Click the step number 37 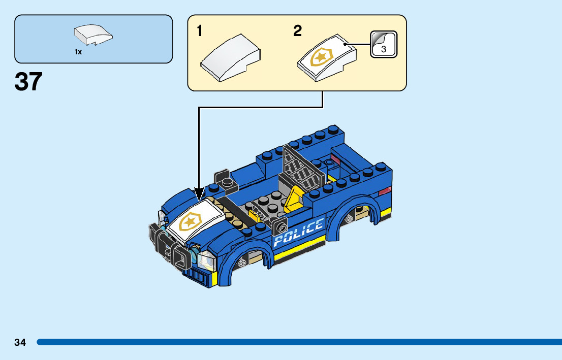pyautogui.click(x=28, y=81)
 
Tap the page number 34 pyautogui.click(x=20, y=342)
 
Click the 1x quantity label pyautogui.click(x=78, y=52)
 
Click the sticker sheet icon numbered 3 pyautogui.click(x=384, y=44)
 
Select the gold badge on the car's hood pyautogui.click(x=191, y=221)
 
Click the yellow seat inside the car pyautogui.click(x=294, y=201)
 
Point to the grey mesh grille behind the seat pyautogui.click(x=304, y=167)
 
